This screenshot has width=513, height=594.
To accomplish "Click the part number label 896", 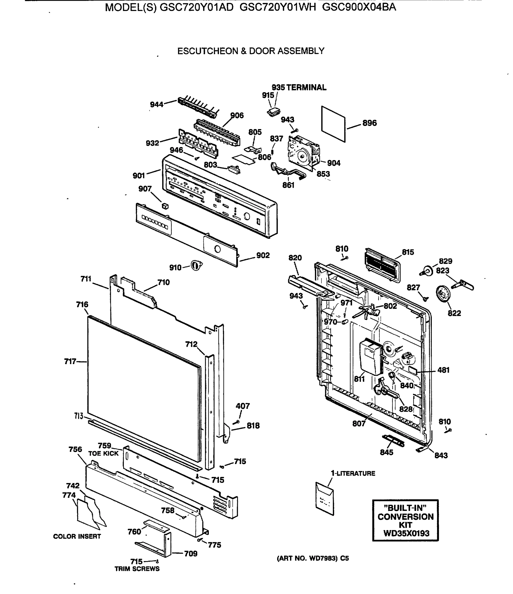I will point(369,123).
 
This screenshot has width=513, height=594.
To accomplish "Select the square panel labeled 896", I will point(333,124).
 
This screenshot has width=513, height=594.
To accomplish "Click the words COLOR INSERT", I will point(77,536).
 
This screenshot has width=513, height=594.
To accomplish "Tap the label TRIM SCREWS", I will point(137,569).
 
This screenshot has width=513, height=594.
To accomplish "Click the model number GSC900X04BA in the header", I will point(359,7).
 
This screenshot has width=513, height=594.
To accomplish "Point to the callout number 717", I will point(70,362).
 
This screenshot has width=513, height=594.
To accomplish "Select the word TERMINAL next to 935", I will point(306,87).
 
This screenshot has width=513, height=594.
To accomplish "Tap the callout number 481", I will point(443,370).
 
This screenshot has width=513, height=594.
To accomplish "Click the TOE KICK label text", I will point(103,453).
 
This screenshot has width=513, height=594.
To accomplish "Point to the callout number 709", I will point(191,554).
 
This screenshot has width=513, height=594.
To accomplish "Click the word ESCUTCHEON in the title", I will point(208,51).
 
